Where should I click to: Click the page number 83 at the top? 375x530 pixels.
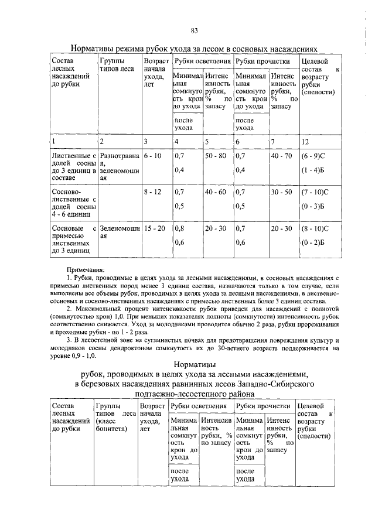coord(194,30)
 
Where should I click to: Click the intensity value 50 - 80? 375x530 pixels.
coord(215,156)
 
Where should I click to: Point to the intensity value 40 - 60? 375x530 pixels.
coord(215,192)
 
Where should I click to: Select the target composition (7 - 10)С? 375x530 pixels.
coord(315,192)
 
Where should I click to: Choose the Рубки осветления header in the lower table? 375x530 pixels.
coord(198,406)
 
